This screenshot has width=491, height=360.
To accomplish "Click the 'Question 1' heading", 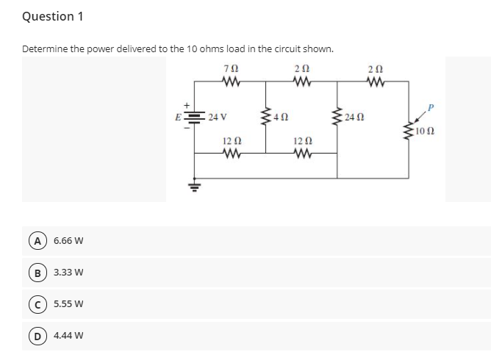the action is [x=53, y=17].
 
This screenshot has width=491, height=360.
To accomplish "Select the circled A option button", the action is [x=38, y=241].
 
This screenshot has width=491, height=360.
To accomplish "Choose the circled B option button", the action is [x=38, y=273].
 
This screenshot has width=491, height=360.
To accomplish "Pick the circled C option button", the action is [x=38, y=304].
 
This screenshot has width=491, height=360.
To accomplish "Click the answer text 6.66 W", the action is [x=68, y=241].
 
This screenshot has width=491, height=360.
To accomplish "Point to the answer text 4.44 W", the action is [x=68, y=336].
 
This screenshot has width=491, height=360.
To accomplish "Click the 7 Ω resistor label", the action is [x=232, y=68].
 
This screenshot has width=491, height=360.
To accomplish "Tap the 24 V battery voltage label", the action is [x=218, y=117].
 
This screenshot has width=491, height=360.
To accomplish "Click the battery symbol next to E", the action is [x=194, y=117].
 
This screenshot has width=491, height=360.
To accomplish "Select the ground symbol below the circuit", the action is [x=194, y=185].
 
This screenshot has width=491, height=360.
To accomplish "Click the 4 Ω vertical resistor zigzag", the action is [x=266, y=117].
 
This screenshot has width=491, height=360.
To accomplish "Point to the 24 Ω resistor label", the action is [x=354, y=118].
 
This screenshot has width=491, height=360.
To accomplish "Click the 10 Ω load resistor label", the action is [x=425, y=132].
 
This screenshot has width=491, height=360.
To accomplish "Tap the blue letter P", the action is [x=431, y=108].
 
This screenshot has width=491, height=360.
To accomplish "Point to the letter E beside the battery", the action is [x=178, y=118].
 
